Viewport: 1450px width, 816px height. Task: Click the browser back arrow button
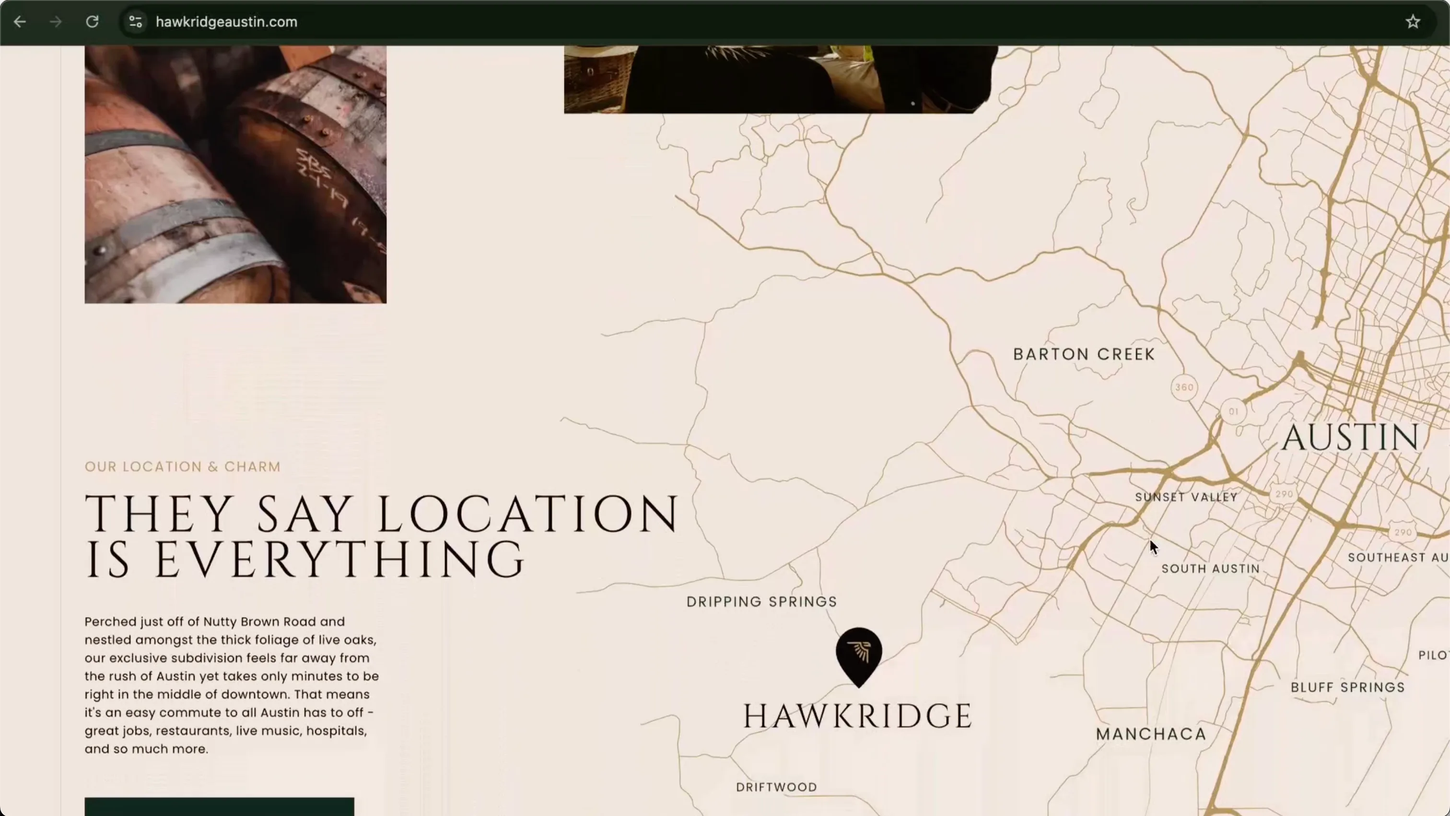pos(20,22)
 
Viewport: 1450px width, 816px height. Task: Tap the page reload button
pos(93,22)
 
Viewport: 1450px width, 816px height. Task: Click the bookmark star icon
pos(1413,22)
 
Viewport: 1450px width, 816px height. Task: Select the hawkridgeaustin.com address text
pos(226,22)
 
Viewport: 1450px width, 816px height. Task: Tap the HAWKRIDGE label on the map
pos(857,716)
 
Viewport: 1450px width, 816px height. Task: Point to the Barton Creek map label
pos(1084,354)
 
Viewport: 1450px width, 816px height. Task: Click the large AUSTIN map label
pos(1350,437)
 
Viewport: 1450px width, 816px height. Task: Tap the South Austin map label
pos(1210,569)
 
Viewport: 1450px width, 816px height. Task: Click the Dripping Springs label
pos(761,602)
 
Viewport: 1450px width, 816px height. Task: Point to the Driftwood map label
pos(776,787)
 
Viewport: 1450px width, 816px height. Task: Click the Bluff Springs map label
pos(1347,687)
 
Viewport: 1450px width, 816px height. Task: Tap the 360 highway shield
pos(1184,387)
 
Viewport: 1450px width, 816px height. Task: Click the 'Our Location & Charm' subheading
pos(182,466)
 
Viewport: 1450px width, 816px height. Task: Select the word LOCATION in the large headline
pos(527,514)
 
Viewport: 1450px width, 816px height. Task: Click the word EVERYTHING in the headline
pos(339,560)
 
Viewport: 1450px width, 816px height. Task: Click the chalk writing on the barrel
pos(327,180)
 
